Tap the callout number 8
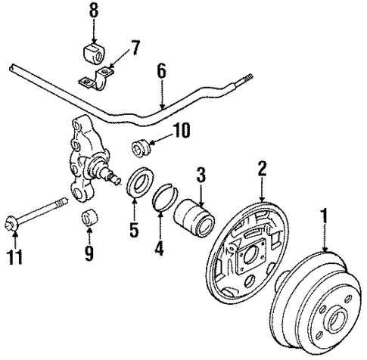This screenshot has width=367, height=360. tap(93, 12)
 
